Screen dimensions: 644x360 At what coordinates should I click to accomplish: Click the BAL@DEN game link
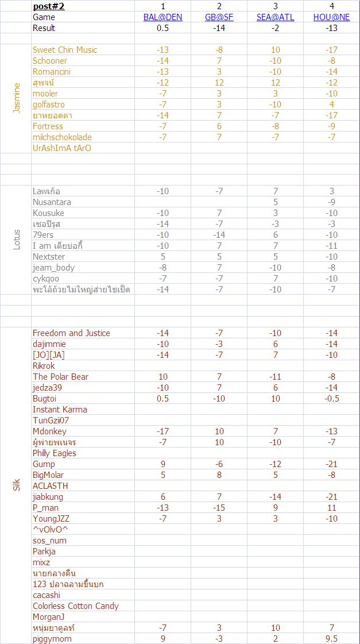point(162,17)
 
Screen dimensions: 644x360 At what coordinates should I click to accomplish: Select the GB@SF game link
point(219,17)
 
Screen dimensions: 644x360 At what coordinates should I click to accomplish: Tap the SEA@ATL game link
point(275,17)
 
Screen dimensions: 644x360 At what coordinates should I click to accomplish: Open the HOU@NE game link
point(331,17)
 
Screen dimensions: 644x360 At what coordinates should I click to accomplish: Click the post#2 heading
point(49,6)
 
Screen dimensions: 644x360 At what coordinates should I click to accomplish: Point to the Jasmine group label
point(17,98)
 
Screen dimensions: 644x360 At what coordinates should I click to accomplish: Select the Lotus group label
point(17,240)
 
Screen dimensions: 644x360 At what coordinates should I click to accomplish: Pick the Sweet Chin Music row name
point(65,50)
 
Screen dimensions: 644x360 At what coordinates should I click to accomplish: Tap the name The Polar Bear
point(60,377)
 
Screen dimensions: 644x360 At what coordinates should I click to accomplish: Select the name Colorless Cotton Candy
point(76,606)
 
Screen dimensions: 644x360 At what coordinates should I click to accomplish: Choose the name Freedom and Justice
point(71,333)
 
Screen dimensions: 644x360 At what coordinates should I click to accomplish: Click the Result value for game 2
point(219,28)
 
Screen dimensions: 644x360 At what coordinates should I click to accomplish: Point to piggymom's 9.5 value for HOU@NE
point(331,639)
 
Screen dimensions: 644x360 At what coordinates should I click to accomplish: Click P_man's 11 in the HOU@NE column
point(331,508)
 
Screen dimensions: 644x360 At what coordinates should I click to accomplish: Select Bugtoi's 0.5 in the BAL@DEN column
point(162,399)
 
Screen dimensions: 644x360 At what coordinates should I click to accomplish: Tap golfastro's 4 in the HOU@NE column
point(331,105)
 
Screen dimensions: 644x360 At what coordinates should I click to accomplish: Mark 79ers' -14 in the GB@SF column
point(219,235)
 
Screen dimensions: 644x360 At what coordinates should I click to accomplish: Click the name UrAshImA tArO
point(62,148)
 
